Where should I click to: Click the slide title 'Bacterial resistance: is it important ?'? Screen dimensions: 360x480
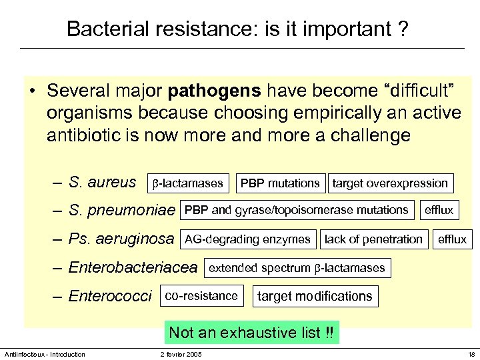(x=238, y=29)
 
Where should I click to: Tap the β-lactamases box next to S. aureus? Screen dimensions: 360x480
(x=187, y=183)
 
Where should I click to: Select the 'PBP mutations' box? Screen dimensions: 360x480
(x=280, y=183)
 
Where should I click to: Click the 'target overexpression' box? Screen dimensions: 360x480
(x=391, y=183)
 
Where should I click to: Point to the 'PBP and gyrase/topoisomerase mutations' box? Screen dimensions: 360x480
(x=297, y=210)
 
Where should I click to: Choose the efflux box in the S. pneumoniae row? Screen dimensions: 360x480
(x=439, y=210)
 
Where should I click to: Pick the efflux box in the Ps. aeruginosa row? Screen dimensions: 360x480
(x=452, y=239)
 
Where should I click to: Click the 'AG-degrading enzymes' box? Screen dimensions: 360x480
(x=247, y=239)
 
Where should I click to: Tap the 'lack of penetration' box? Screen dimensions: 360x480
(x=373, y=239)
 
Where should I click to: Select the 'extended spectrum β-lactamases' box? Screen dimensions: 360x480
(x=297, y=268)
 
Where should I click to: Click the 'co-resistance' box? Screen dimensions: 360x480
(x=201, y=295)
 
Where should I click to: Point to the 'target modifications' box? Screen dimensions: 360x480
(x=315, y=296)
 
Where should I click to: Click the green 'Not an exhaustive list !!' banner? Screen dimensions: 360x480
(x=252, y=332)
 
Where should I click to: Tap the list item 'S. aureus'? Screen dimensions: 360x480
(x=103, y=182)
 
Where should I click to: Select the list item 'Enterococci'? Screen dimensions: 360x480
(x=110, y=296)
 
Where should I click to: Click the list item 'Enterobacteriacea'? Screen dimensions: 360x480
(x=133, y=268)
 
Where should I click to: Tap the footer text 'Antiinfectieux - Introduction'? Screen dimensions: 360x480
(x=45, y=354)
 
